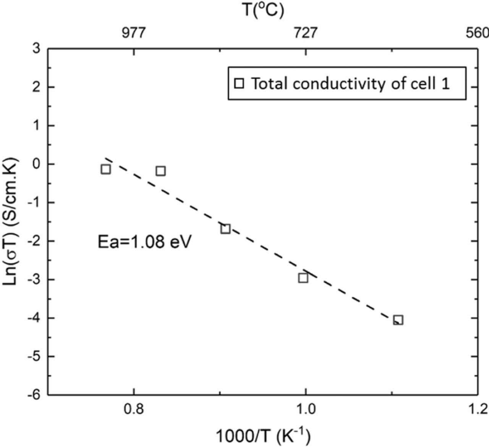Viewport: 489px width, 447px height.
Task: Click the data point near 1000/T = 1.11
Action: tap(398, 320)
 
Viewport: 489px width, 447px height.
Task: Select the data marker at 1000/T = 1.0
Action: tap(303, 278)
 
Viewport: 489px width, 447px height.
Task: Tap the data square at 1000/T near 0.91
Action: tap(225, 229)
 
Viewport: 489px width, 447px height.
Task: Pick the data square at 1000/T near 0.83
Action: tap(161, 171)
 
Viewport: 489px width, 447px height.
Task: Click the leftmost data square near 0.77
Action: tap(106, 169)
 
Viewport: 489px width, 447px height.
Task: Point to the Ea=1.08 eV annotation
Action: tap(144, 242)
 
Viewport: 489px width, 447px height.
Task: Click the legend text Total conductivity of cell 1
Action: tap(350, 84)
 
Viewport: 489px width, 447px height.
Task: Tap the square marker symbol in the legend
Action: tap(239, 84)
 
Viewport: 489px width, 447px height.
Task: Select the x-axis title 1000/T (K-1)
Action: tap(263, 435)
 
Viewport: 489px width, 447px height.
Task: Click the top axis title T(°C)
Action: tap(263, 10)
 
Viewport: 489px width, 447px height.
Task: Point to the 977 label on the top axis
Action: tap(133, 33)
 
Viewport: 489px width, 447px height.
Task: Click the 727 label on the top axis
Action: tap(305, 33)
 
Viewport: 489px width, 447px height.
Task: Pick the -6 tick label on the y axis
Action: tap(35, 395)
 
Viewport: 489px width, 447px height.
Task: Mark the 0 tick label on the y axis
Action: tap(37, 164)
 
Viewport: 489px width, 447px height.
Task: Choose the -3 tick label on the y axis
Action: tap(35, 280)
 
